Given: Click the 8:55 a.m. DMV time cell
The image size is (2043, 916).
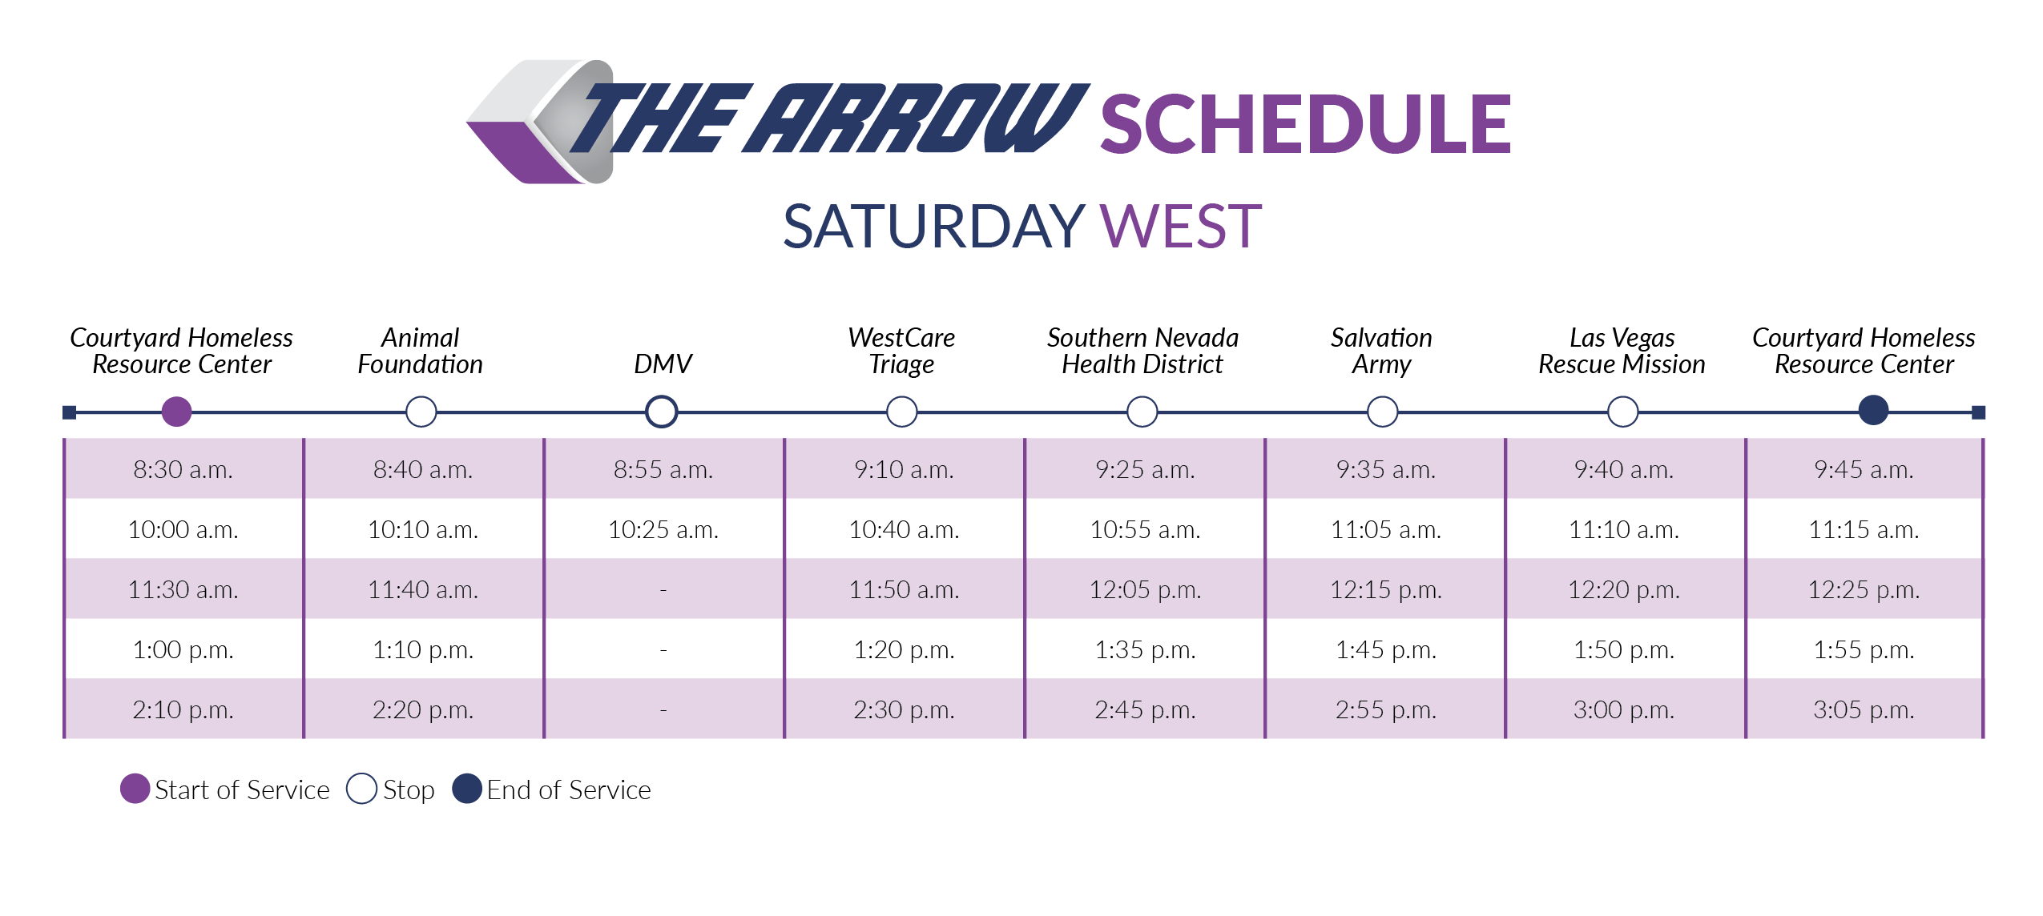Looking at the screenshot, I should (663, 469).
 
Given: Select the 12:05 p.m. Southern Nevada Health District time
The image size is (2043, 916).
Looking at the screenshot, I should (1144, 589).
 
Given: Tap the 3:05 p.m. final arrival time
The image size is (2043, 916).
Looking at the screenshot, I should (1864, 709).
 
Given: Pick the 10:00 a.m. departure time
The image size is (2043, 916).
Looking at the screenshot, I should (183, 529).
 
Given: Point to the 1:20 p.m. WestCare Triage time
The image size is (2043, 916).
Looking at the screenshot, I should (904, 649).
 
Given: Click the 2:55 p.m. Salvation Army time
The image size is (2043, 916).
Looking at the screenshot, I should (1385, 709).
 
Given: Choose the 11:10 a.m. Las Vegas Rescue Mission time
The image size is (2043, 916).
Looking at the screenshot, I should (1623, 529).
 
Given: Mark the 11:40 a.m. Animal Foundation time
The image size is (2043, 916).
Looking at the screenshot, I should (422, 589).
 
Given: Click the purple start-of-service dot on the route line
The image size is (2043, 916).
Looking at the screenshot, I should (176, 412).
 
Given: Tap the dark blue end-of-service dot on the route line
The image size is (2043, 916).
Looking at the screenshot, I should (1873, 411).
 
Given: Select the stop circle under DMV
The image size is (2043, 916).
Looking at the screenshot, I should (662, 412).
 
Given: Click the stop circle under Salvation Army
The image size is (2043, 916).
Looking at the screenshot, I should (1382, 412).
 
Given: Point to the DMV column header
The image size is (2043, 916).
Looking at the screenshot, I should (663, 364).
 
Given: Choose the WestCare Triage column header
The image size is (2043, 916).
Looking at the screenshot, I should (901, 351).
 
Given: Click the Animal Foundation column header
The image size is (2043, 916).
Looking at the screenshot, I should (421, 351).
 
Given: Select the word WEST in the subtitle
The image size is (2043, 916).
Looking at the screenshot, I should (1180, 227).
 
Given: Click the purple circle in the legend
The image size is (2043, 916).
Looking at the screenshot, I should (135, 789).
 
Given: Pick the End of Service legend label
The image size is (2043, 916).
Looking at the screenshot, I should (568, 790).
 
